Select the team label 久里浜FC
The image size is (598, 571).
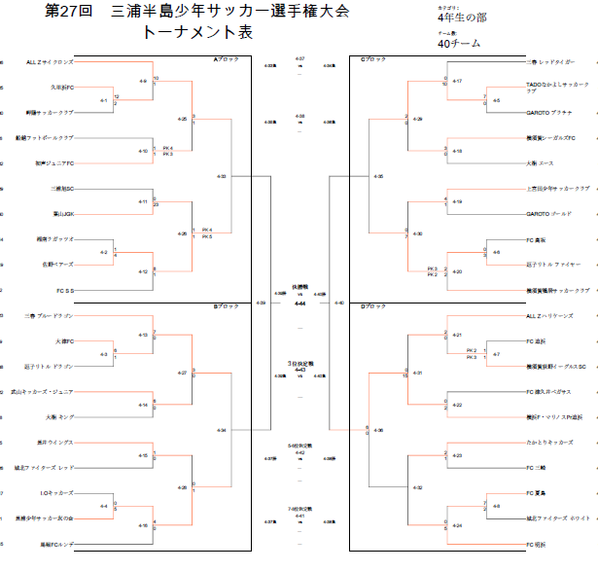(x=64, y=88)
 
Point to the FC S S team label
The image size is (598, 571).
(x=66, y=290)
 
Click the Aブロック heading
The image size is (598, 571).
(x=227, y=59)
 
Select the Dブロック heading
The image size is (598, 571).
(x=374, y=306)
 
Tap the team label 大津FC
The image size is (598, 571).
(x=65, y=340)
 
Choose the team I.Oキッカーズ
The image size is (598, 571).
(x=58, y=492)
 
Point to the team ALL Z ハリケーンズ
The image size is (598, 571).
(x=549, y=315)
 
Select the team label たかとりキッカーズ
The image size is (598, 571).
(x=547, y=442)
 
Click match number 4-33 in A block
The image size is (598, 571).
(x=223, y=176)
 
